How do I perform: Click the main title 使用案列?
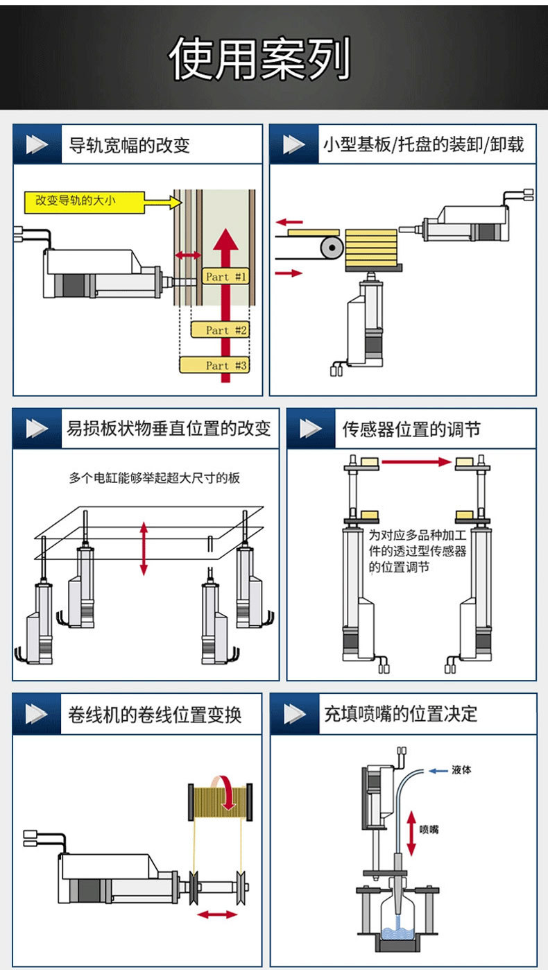[x=259, y=59]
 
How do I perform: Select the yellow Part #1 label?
[x=225, y=277]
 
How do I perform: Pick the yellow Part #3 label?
[x=214, y=365]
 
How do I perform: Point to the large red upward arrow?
[x=225, y=305]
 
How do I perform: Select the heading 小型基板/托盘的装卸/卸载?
[x=423, y=144]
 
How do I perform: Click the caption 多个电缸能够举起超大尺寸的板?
[x=155, y=478]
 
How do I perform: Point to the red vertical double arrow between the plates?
[x=144, y=548]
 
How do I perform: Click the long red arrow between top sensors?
[x=416, y=461]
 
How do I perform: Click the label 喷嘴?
[x=429, y=829]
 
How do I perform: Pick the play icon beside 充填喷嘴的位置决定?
[x=294, y=714]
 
